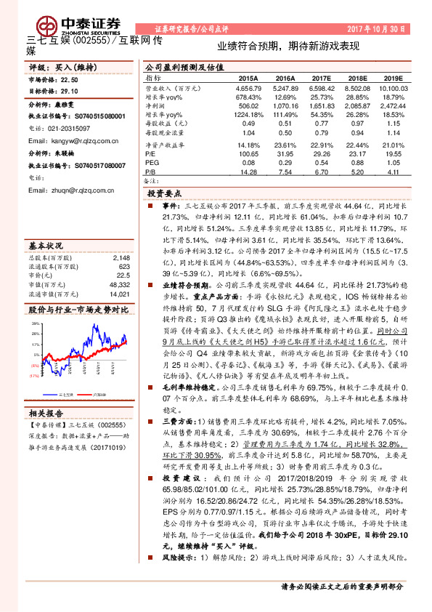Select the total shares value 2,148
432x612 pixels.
(x=121, y=258)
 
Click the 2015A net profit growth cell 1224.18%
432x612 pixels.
(x=247, y=114)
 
